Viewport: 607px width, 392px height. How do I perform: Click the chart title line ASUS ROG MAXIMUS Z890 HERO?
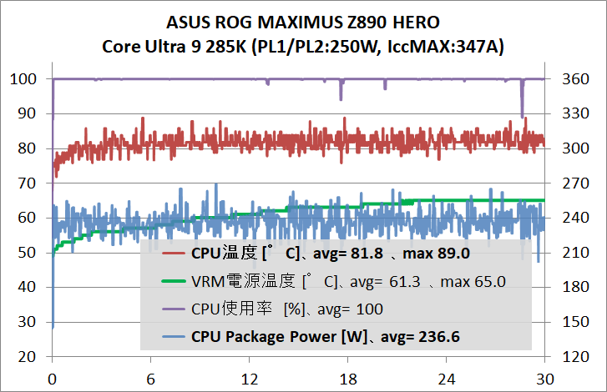point(303,22)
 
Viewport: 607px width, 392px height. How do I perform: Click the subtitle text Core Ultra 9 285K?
point(163,45)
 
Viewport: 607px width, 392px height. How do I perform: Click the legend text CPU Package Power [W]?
point(275,337)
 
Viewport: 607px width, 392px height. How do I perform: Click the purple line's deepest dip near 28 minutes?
point(523,117)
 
